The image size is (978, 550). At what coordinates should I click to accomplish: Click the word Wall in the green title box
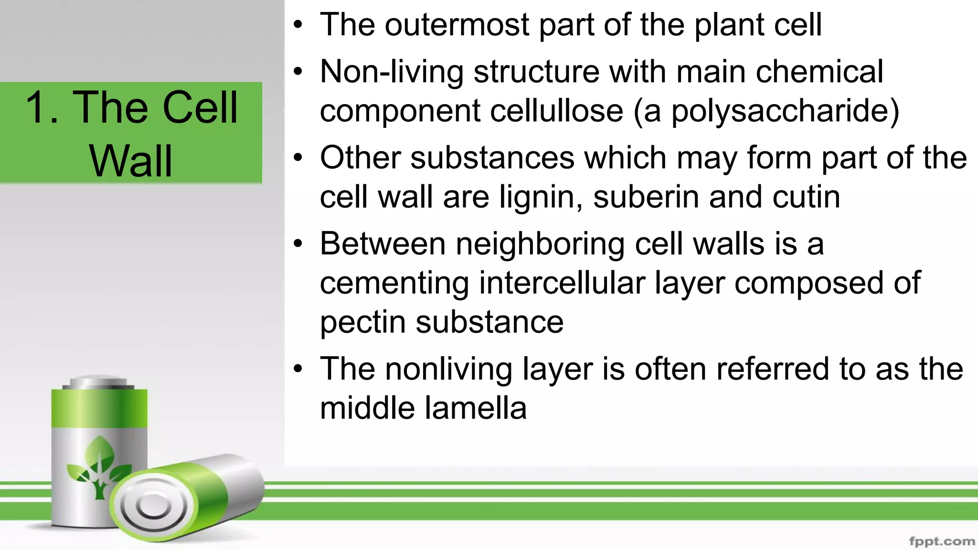[130, 161]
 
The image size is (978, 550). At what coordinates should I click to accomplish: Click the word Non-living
[392, 72]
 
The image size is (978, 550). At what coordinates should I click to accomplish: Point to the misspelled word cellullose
[556, 111]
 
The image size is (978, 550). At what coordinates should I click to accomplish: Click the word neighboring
[540, 244]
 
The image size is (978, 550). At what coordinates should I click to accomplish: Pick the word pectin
[362, 322]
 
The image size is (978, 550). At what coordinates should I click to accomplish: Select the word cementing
[394, 283]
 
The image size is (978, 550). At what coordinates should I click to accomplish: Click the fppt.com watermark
[941, 541]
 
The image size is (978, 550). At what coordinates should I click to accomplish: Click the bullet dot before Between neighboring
[298, 244]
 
